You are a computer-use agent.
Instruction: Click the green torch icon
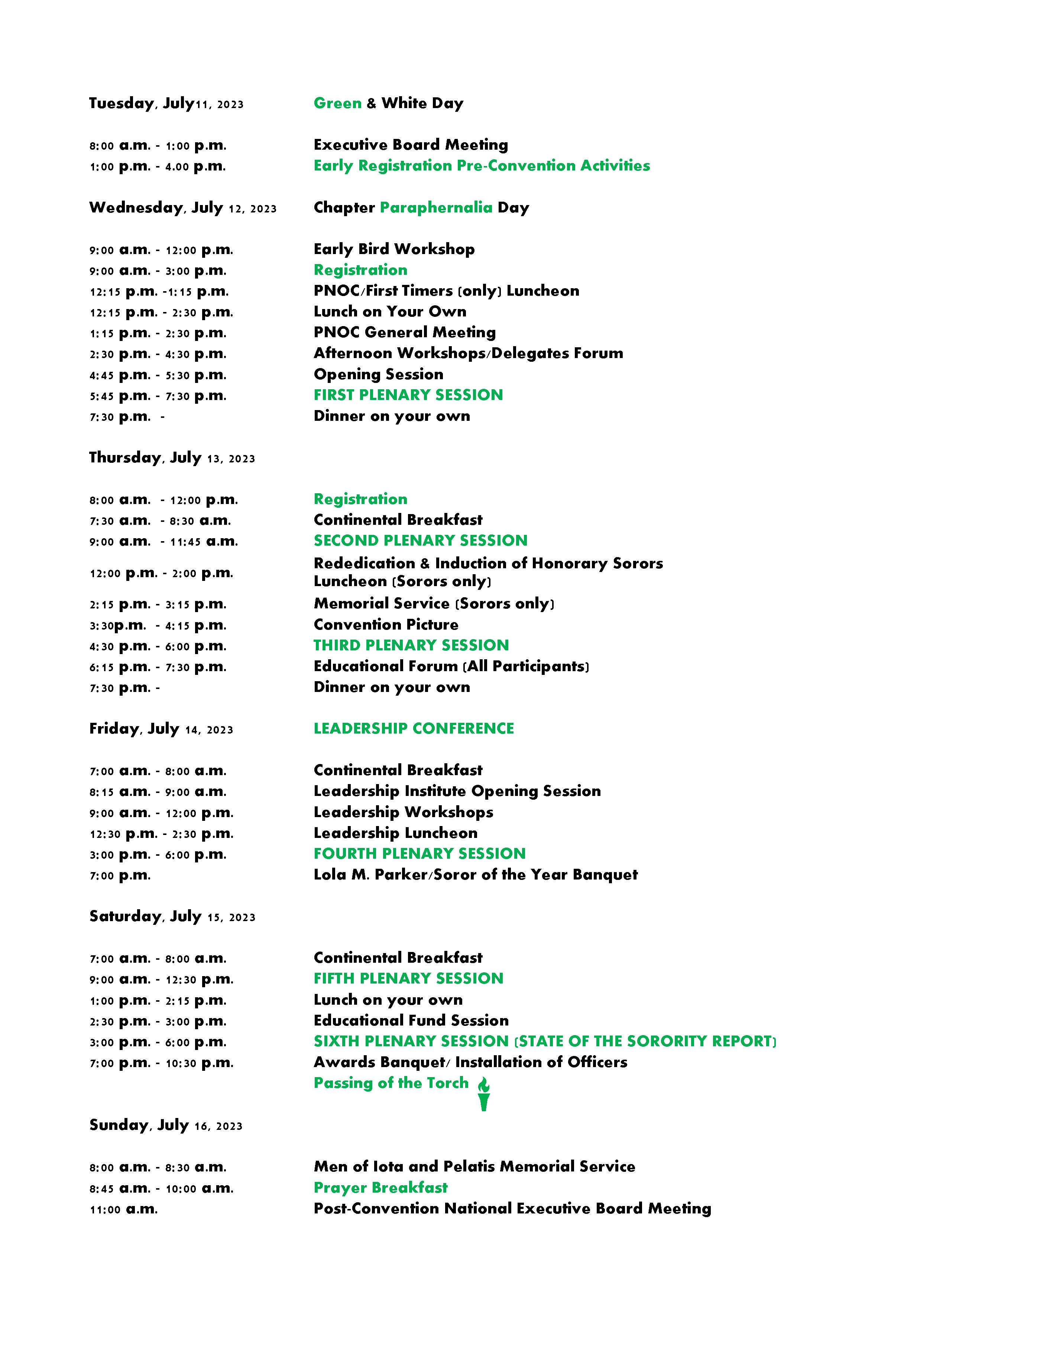(x=483, y=1093)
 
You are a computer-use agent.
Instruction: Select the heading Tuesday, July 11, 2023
(x=166, y=104)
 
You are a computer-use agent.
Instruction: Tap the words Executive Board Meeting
(x=411, y=145)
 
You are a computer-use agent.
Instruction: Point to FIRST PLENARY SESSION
(x=408, y=395)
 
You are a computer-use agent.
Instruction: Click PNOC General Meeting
(x=404, y=332)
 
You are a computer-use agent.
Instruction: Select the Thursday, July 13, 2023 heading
(x=172, y=458)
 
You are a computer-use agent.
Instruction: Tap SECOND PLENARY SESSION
(x=420, y=541)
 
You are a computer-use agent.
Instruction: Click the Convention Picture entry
(x=386, y=624)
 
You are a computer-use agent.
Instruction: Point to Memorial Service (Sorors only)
(x=434, y=604)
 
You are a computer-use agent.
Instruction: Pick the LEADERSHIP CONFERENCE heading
(x=414, y=728)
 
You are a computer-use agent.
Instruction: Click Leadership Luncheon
(x=395, y=833)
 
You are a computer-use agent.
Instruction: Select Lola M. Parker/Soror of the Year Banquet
(x=475, y=875)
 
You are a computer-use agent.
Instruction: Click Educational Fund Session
(x=411, y=1020)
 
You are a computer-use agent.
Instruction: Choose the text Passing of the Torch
(x=391, y=1083)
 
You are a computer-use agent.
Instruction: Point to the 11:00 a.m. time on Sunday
(x=123, y=1209)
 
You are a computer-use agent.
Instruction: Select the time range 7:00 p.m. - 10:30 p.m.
(x=161, y=1063)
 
